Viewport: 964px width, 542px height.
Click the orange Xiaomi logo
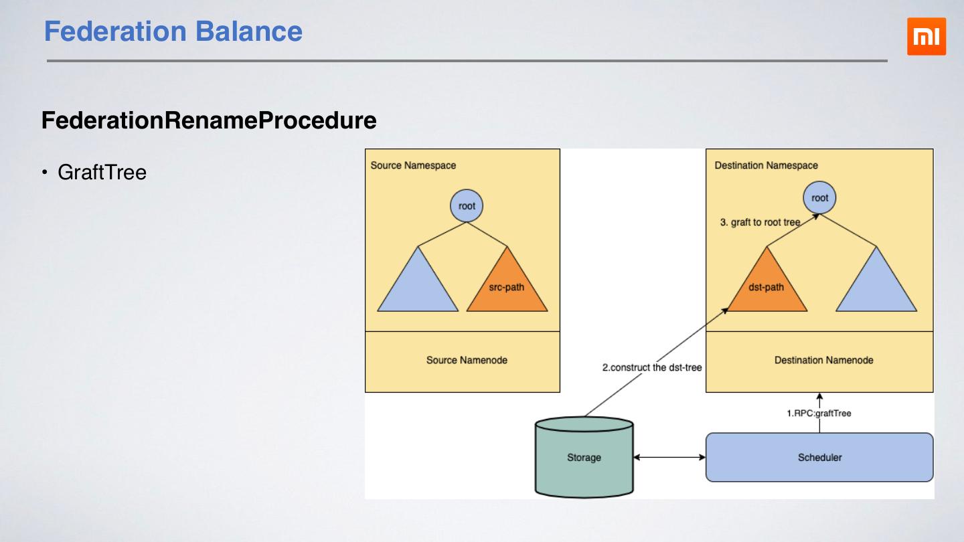point(927,37)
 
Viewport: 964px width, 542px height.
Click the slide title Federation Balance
point(173,31)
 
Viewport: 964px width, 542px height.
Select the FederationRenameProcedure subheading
point(209,120)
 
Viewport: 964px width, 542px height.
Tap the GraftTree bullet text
point(102,173)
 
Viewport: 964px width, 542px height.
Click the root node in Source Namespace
point(467,206)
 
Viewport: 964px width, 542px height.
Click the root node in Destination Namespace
point(819,198)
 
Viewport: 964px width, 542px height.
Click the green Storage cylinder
point(584,458)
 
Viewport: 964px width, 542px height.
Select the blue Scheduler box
point(819,458)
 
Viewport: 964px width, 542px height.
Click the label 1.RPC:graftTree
point(818,414)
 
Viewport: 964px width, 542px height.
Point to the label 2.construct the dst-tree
point(652,367)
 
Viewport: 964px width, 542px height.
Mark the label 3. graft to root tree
point(760,223)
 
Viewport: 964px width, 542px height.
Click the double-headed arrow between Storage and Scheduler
point(669,458)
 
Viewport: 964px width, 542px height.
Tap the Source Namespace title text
point(413,165)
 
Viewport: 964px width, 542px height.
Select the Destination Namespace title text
point(766,165)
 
